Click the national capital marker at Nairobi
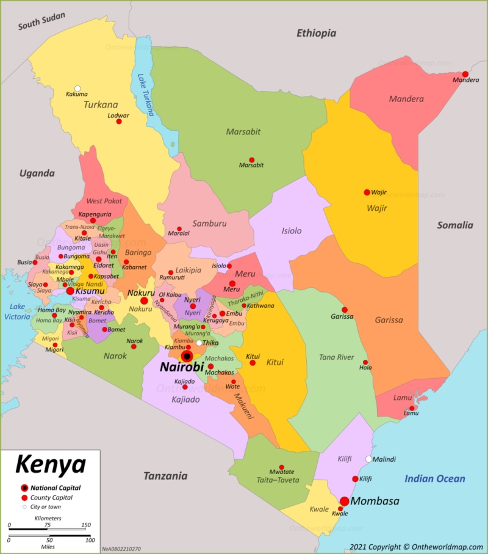(187, 356)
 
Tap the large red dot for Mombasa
(344, 501)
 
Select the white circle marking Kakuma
(77, 89)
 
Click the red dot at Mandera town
(465, 73)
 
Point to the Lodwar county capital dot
(119, 122)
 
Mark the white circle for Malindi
(368, 459)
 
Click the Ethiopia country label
(316, 34)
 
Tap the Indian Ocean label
(434, 479)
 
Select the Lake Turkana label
(145, 95)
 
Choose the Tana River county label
(337, 357)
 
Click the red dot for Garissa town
(345, 310)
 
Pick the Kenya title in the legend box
(50, 464)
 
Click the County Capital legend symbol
(24, 498)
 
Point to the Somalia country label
(454, 225)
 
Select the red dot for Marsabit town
(251, 160)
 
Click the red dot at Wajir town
(367, 192)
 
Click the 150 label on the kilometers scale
(86, 525)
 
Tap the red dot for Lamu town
(412, 408)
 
